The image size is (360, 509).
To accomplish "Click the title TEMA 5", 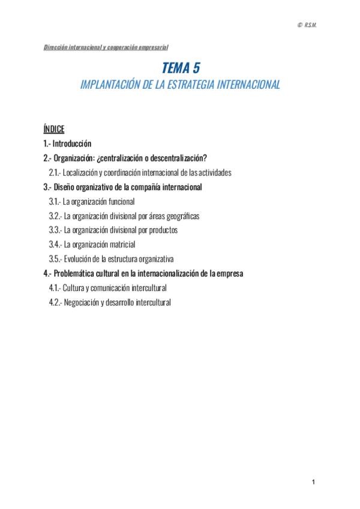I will pyautogui.click(x=180, y=69).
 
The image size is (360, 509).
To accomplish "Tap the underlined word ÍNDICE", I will pyautogui.click(x=54, y=129).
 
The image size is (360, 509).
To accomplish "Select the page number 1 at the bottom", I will pyautogui.click(x=313, y=483).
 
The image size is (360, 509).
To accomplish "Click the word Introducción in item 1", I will pyautogui.click(x=72, y=143).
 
